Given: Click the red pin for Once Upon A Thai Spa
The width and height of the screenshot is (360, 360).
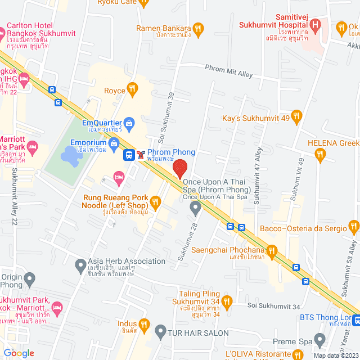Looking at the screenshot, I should (x=179, y=169).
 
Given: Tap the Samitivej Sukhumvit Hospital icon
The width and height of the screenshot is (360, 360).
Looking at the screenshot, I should (x=316, y=25).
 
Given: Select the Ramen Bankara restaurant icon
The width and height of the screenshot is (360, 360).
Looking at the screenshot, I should (x=197, y=28).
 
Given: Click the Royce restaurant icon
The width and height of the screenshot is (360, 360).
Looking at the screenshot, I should (x=132, y=88).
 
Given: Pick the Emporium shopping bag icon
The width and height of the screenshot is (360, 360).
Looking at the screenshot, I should (x=114, y=143).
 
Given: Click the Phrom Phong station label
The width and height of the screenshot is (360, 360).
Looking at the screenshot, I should (x=171, y=152).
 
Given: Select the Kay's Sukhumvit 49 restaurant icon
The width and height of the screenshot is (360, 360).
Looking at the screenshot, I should (x=298, y=118).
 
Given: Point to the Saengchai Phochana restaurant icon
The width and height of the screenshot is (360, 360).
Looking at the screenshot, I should (x=271, y=250).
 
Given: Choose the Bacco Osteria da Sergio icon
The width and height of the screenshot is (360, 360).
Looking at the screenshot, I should (x=353, y=228).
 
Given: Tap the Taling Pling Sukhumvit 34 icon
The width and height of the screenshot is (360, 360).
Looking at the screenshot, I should (x=227, y=303).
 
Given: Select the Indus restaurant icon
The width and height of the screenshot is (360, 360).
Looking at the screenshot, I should (x=144, y=324).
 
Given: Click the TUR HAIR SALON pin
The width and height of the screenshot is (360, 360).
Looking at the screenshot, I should (x=160, y=331).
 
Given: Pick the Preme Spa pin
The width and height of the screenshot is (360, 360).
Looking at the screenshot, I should (x=319, y=340).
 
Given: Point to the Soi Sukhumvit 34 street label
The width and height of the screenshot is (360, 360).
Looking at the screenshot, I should (x=273, y=305).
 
